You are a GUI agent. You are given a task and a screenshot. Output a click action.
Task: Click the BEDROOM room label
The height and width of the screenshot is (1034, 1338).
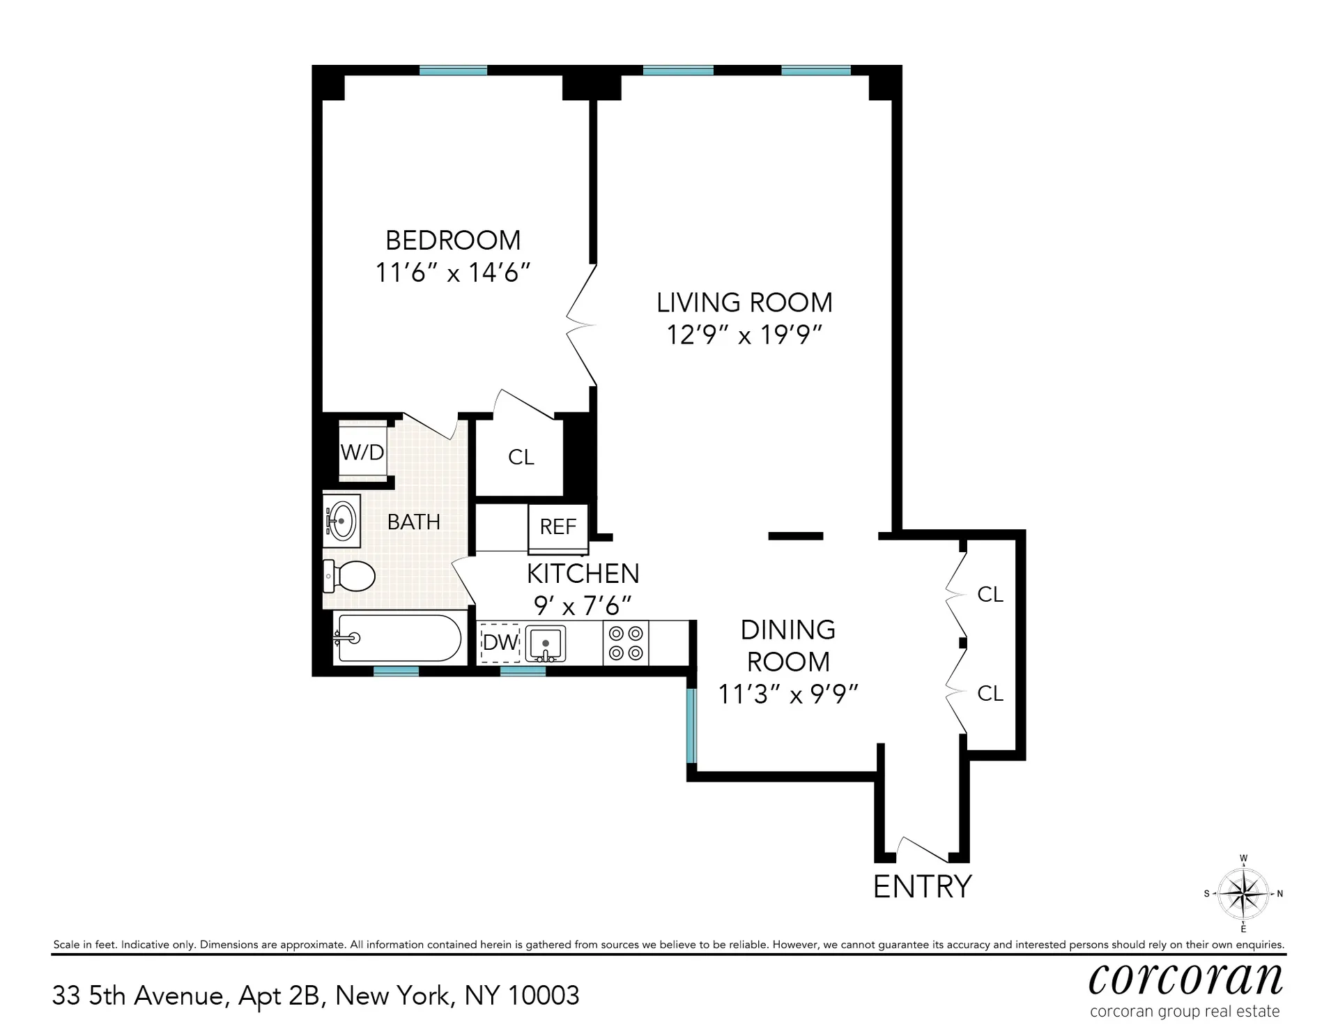tap(453, 241)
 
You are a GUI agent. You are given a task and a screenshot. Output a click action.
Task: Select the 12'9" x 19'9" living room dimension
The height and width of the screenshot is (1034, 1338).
tap(744, 335)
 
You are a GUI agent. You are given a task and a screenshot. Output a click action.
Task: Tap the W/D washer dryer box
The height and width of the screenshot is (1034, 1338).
tap(362, 453)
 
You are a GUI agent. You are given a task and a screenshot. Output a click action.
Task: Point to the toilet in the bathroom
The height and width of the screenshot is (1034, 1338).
tap(351, 576)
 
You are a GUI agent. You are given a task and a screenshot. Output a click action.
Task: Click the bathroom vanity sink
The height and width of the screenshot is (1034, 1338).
tap(341, 521)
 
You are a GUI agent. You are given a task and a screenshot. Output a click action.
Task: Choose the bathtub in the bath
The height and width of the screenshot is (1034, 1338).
tap(398, 638)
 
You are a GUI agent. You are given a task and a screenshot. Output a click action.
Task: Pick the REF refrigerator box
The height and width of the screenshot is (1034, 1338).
tap(557, 526)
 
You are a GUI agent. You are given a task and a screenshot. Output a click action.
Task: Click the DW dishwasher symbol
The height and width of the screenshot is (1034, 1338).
tap(500, 641)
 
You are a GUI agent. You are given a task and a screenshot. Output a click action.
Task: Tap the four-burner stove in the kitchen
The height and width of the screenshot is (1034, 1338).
tap(625, 643)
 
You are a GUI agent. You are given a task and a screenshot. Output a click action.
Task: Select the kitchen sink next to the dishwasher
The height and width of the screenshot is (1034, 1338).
tap(545, 642)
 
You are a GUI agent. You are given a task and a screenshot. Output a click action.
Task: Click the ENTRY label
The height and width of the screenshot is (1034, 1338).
tap(922, 886)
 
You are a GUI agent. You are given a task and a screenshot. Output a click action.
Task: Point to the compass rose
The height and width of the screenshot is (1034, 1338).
tap(1243, 894)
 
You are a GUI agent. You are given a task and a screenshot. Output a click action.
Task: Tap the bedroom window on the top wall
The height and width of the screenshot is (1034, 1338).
tap(453, 70)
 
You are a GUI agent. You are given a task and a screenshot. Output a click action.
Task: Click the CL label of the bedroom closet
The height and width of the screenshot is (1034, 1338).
tap(521, 457)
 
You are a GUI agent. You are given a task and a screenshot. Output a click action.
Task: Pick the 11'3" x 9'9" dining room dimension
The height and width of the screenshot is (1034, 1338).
tap(787, 694)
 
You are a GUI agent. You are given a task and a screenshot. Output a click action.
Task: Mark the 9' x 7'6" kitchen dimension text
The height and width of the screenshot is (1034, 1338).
tap(583, 605)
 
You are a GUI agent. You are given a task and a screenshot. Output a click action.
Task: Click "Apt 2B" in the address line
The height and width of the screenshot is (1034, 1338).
tap(279, 996)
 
